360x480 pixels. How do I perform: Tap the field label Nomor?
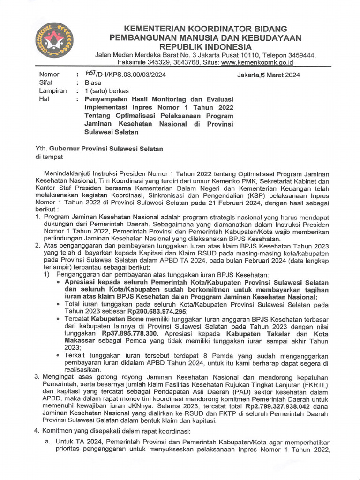pyautogui.click(x=49, y=75)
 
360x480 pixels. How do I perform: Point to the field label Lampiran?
pyautogui.click(x=52, y=91)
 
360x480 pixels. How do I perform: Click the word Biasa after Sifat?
pyautogui.click(x=92, y=82)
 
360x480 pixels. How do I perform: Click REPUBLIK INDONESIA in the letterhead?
pyautogui.click(x=206, y=46)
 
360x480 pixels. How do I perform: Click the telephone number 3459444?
pyautogui.click(x=299, y=54)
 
